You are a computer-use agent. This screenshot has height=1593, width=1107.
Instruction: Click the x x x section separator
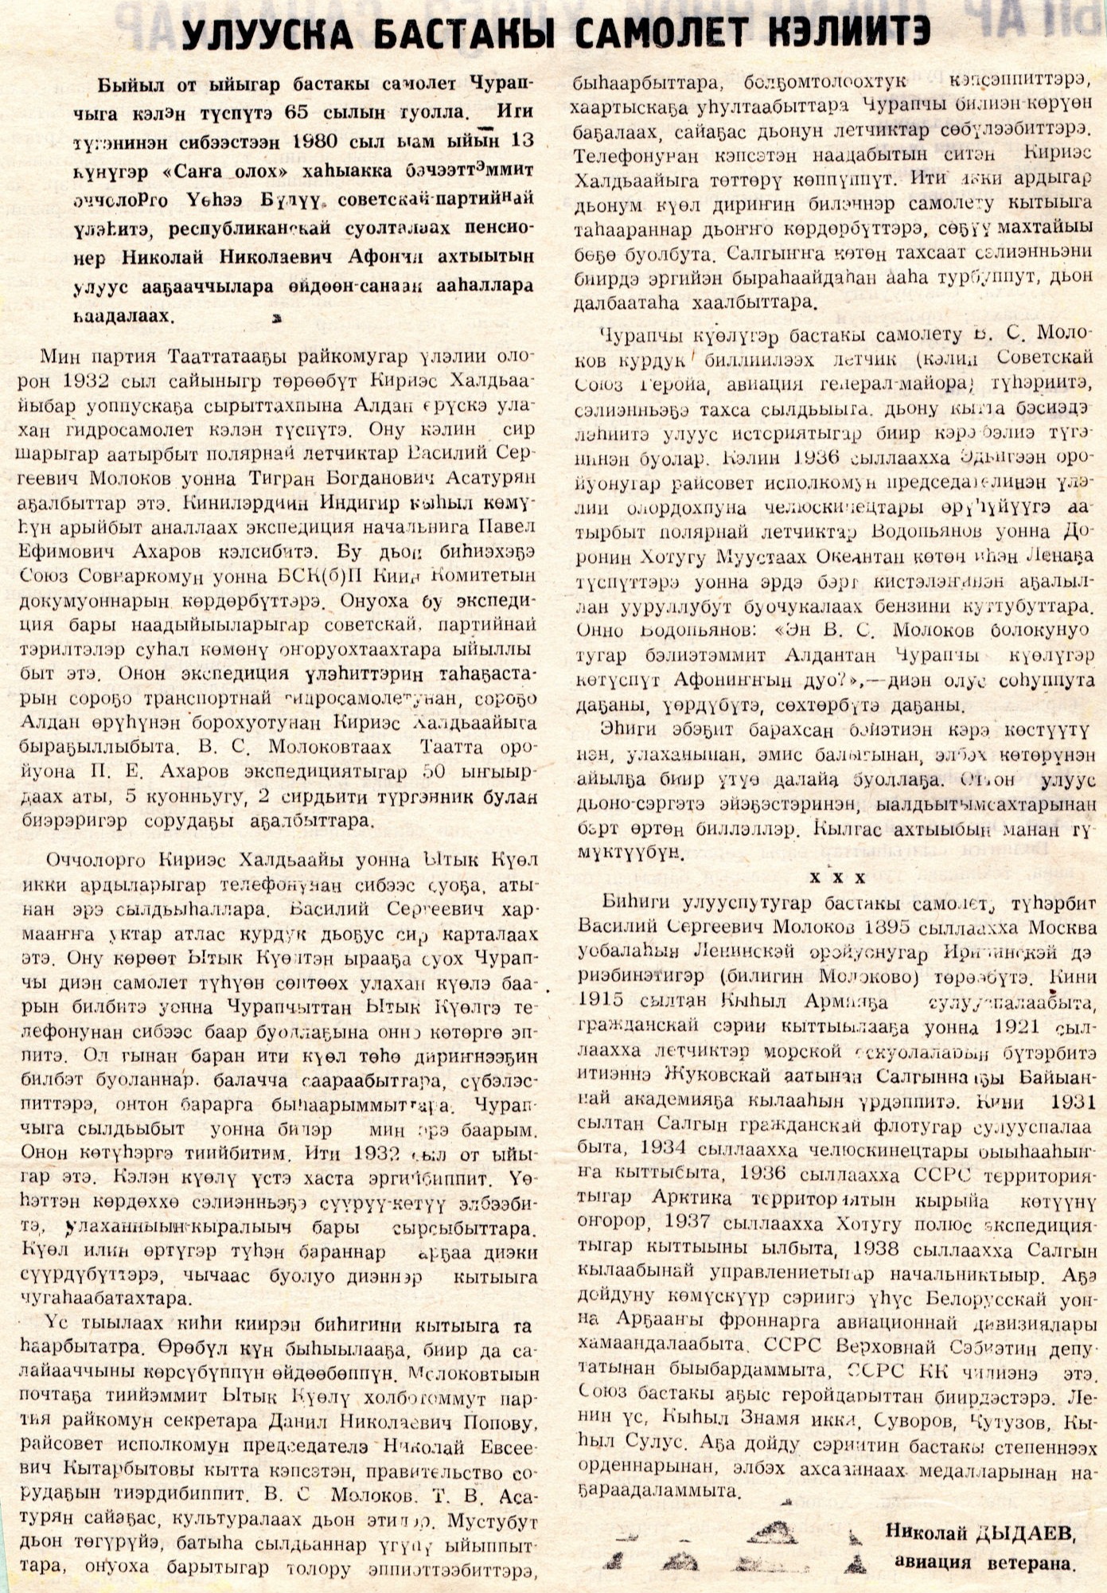click(837, 878)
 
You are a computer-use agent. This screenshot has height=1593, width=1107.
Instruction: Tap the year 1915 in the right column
click(602, 999)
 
